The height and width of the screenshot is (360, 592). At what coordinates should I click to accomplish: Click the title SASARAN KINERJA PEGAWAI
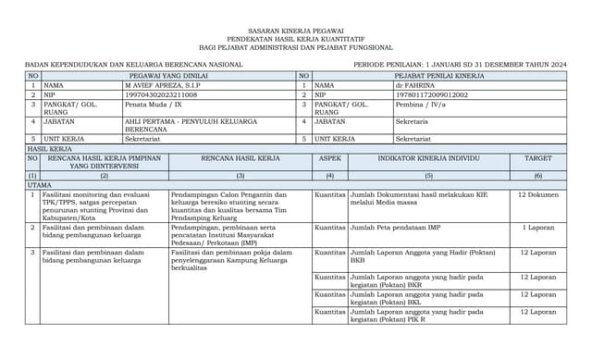pos(296,31)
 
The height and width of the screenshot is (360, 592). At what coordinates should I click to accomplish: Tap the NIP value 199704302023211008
pos(161,94)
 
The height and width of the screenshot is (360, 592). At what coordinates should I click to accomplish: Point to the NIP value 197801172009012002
pos(431,94)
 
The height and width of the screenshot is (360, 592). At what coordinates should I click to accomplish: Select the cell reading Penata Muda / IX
pos(153,105)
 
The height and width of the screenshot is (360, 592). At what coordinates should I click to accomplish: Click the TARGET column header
pos(537,158)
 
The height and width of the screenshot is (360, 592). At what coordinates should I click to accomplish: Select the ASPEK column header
pos(330,158)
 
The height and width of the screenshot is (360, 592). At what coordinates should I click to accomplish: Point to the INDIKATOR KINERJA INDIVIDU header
pos(428,158)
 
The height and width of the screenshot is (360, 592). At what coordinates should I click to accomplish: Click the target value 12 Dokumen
pos(537,195)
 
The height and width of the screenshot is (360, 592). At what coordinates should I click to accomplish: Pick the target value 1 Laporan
pos(537,227)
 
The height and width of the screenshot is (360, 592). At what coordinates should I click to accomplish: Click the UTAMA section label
pos(39,185)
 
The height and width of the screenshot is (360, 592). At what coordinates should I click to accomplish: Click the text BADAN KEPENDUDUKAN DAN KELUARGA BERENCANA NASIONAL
pos(133,64)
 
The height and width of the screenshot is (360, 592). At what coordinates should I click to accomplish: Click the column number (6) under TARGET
pos(537,175)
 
